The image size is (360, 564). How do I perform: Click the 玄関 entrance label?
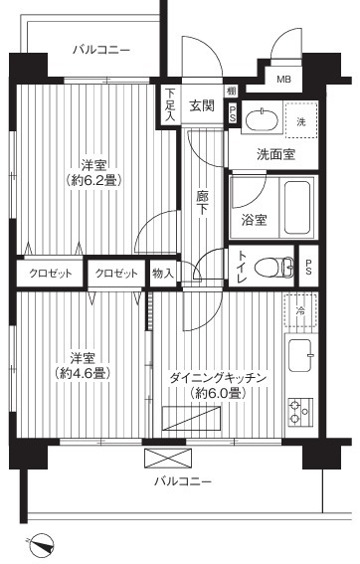pos(202,105)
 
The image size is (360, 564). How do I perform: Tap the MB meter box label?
pos(284,79)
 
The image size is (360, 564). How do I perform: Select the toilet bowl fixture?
pos(273,268)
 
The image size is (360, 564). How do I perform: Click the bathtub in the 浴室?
pos(297,208)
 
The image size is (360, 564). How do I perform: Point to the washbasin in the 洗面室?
pos(262,118)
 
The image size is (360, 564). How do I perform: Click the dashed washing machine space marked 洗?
pos(301,119)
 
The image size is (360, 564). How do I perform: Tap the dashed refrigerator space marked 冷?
pos(300,311)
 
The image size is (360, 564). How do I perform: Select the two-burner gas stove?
pos(300,412)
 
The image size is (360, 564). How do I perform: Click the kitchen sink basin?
pos(300,355)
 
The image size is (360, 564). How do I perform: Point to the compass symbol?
pos(42,545)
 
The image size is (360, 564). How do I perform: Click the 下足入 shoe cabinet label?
pos(170,104)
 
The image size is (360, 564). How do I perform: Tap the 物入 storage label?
pos(163,274)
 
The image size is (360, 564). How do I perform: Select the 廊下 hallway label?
pos(202,203)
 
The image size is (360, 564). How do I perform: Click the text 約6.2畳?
pos(93,180)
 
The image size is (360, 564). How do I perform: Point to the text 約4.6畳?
pos(83,373)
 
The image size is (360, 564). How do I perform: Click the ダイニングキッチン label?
pos(219,378)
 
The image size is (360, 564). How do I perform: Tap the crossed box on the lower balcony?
pos(168,458)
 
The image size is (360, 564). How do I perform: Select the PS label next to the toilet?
pos(308,267)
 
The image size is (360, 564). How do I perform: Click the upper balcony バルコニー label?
pos(101,50)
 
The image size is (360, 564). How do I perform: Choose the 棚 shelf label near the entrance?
pos(231,91)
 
